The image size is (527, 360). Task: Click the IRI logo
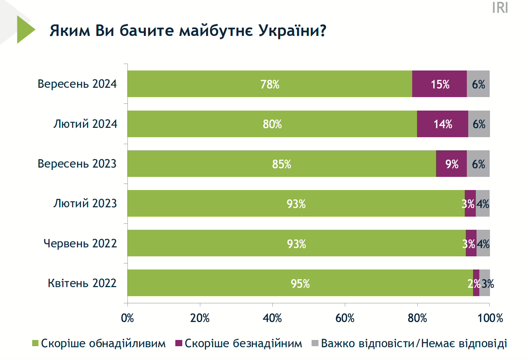(500, 8)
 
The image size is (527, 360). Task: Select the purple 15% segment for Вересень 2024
(439, 84)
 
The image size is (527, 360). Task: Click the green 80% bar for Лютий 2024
(272, 124)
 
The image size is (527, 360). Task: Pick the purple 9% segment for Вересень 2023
(451, 164)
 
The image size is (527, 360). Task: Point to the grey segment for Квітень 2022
(484, 283)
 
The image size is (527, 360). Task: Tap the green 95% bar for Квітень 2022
(300, 283)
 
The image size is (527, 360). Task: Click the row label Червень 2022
(80, 244)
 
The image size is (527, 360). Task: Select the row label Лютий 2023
(85, 203)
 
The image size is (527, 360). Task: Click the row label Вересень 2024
(77, 84)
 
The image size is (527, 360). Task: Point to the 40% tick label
(272, 318)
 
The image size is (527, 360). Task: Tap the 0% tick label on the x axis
(127, 318)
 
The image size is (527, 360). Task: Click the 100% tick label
(490, 318)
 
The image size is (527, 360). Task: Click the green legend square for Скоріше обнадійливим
(35, 343)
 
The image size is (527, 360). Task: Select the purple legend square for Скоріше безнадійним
(179, 343)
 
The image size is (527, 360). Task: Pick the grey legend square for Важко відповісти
(315, 343)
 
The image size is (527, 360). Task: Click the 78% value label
(270, 84)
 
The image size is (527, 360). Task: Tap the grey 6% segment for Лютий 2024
(479, 124)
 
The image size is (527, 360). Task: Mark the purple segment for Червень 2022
(471, 243)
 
